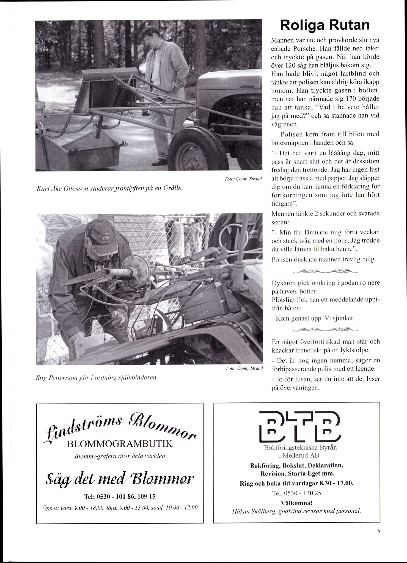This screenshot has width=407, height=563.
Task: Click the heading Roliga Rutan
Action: [325, 26]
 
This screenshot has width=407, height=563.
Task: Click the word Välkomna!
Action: [296, 503]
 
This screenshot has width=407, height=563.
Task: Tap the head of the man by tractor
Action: [150, 36]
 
